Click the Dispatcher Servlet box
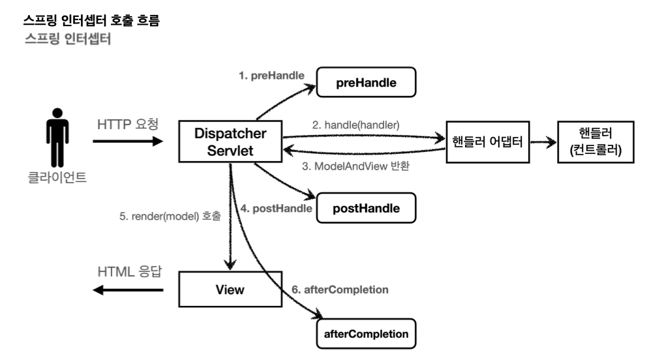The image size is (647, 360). [x=230, y=142]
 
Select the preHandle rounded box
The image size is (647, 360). [x=366, y=82]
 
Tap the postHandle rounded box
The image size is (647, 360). [x=366, y=208]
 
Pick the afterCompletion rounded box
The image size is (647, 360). [x=366, y=334]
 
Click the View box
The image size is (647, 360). [x=230, y=289]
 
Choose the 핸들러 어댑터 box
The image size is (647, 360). [x=488, y=142]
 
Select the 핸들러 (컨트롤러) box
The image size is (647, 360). [x=595, y=142]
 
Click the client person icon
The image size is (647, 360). [x=57, y=138]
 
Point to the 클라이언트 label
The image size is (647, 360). [x=57, y=177]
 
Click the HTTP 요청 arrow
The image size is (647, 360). [x=128, y=142]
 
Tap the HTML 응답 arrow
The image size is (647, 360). [x=128, y=290]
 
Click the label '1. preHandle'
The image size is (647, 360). [x=271, y=76]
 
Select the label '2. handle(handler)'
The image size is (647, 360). [x=355, y=125]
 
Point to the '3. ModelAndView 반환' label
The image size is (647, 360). [x=355, y=166]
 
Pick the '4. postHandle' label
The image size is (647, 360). [x=276, y=208]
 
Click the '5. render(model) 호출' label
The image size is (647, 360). [x=170, y=216]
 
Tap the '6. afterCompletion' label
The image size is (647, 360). [x=340, y=290]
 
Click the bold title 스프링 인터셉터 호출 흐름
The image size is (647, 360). [x=91, y=20]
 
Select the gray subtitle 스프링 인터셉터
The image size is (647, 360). [x=68, y=38]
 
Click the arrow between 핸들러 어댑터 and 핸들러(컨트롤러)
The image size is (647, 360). [x=543, y=143]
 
